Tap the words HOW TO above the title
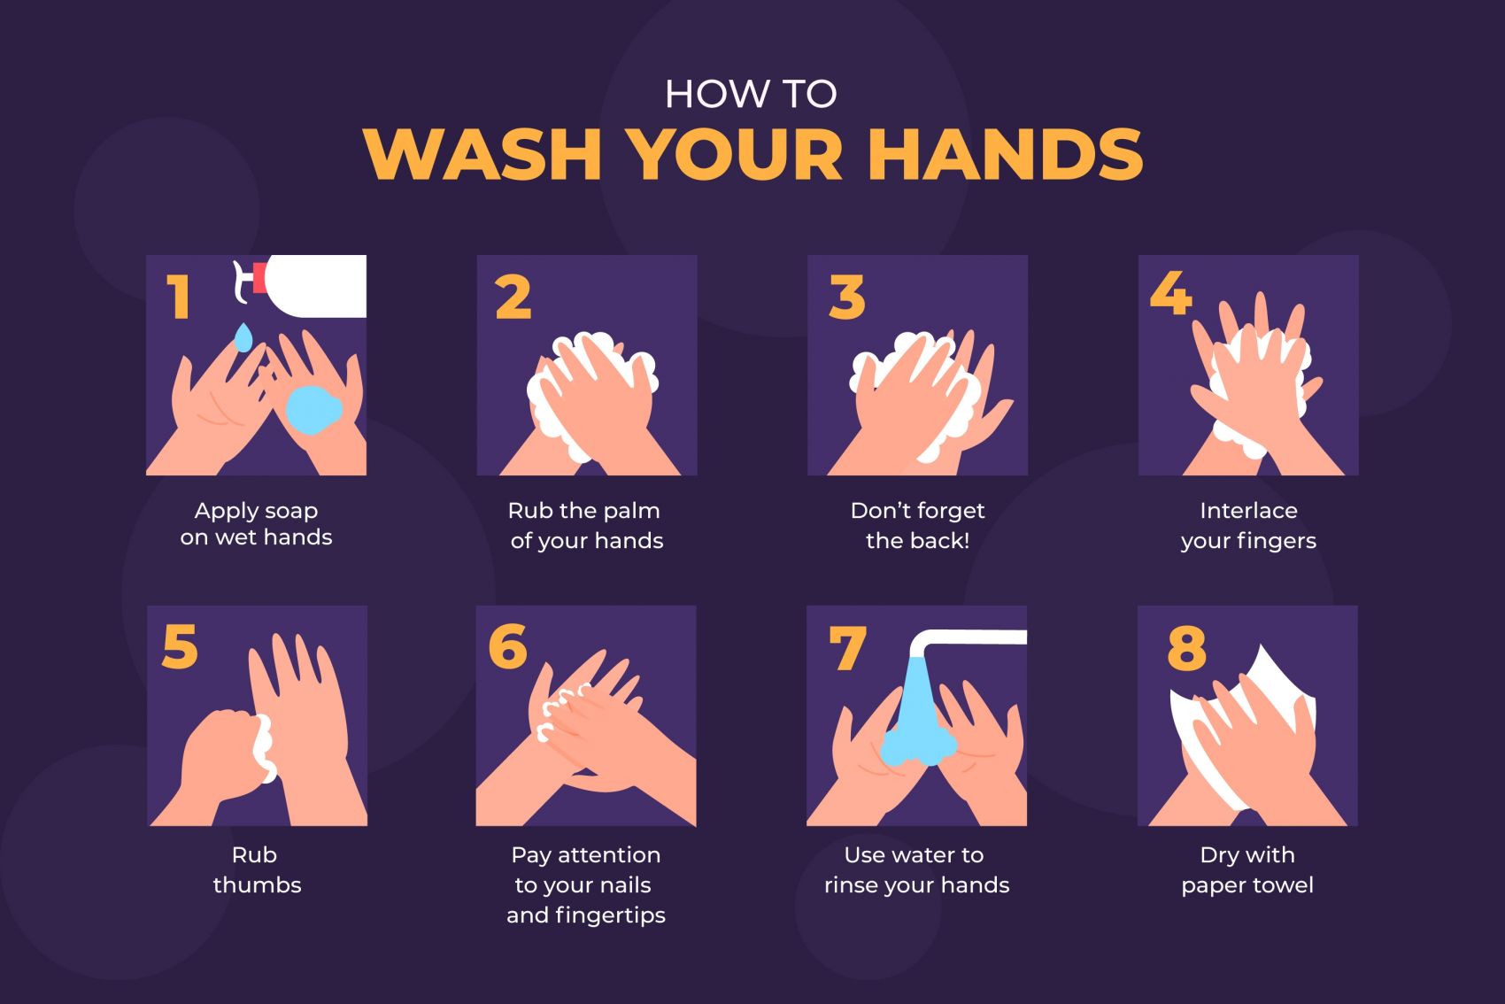coord(751,94)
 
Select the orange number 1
coord(179,297)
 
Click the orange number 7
coord(847,648)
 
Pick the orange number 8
coord(1186,648)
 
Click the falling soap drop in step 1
coord(243,337)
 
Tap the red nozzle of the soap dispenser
coord(259,278)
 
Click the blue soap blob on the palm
coord(313,409)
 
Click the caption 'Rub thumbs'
coord(257,869)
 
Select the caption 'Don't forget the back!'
coord(918,526)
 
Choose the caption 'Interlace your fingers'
coord(1248,526)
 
